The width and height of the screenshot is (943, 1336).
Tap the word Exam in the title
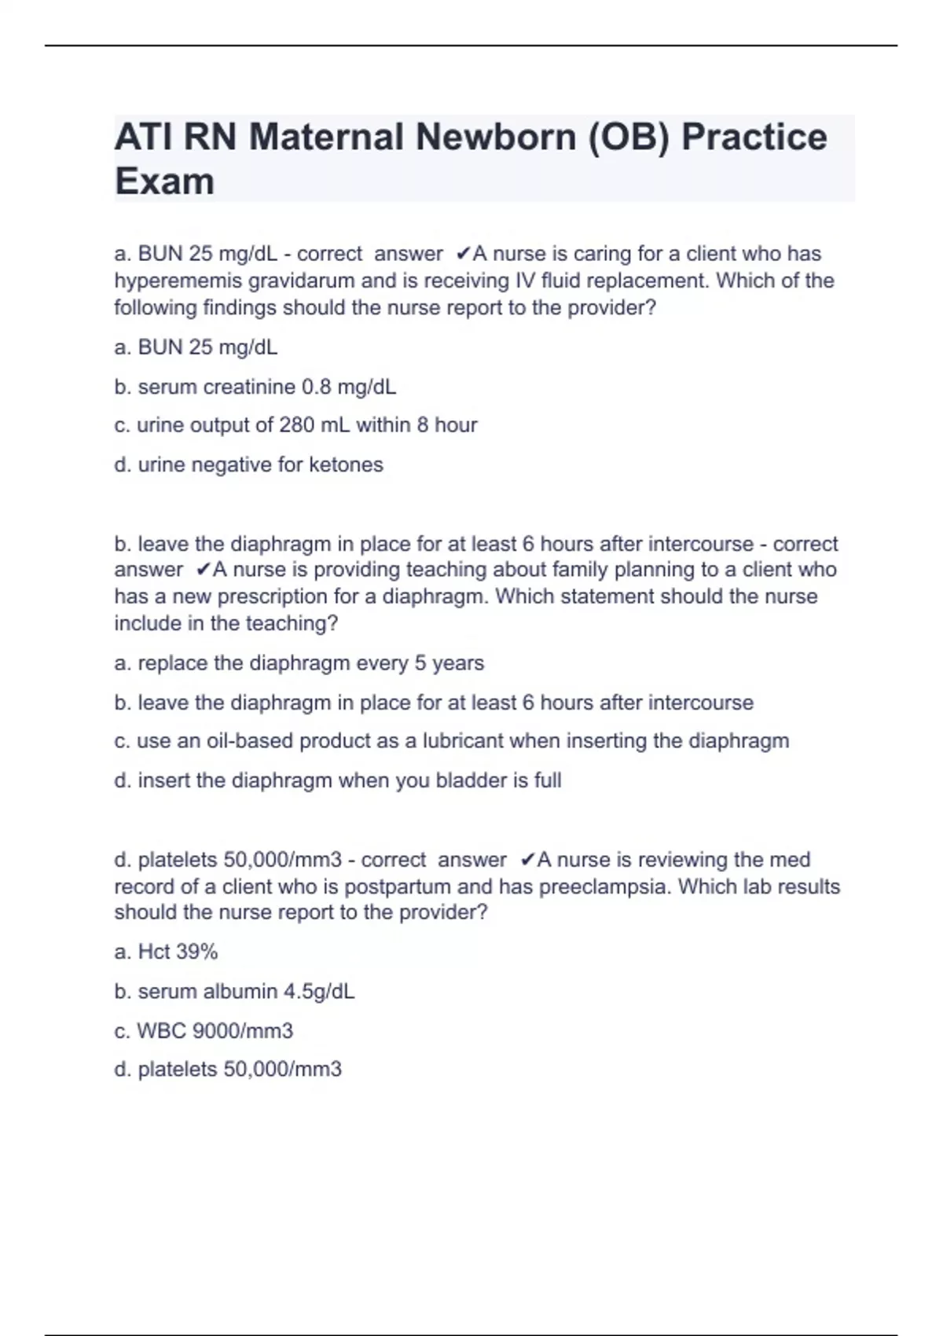[x=164, y=182]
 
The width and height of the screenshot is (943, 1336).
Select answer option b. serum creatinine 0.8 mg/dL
[x=255, y=387]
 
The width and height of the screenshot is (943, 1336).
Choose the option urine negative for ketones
[x=248, y=464]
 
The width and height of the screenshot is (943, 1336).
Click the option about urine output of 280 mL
[x=295, y=425]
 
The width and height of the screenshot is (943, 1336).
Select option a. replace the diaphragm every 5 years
[x=299, y=663]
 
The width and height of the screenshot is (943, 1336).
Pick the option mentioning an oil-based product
[x=451, y=741]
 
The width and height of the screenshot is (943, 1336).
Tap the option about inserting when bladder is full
[x=337, y=780]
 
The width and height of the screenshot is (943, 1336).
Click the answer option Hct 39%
[x=166, y=952]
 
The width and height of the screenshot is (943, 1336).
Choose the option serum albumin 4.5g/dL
[x=234, y=991]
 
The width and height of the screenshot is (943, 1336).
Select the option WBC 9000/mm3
[x=204, y=1030]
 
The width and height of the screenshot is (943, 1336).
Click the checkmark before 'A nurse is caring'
[x=463, y=254]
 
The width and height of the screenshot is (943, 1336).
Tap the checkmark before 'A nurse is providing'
[x=203, y=570]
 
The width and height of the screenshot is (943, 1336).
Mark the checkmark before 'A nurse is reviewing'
[x=527, y=860]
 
